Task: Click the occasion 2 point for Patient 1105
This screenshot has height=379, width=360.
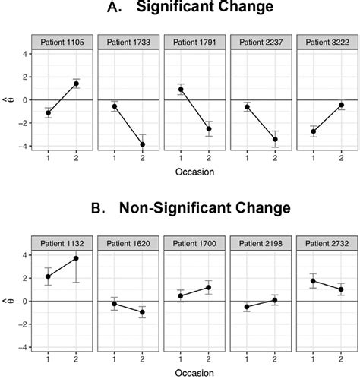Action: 77,84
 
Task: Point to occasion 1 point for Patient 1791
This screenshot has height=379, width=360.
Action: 180,90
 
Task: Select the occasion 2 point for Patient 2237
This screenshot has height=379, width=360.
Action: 271,139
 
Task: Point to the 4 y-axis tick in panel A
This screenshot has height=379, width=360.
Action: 25,54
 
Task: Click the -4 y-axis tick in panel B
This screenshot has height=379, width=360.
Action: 23,347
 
